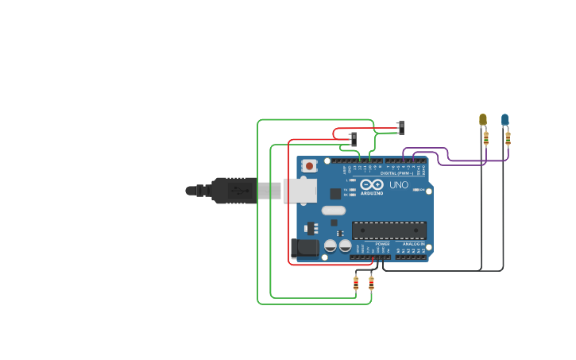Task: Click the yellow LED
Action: (x=482, y=119)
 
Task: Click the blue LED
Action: (x=504, y=119)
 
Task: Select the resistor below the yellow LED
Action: (x=485, y=138)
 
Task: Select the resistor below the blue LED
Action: (x=508, y=138)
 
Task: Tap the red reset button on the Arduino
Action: (x=309, y=166)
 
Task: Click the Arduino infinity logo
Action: (x=372, y=184)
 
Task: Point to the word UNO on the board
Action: (x=399, y=185)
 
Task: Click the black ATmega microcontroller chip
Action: (x=389, y=230)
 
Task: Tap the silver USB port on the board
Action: (x=300, y=191)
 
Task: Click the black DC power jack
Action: (x=304, y=249)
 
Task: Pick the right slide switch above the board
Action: (x=401, y=127)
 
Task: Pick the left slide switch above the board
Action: (x=354, y=138)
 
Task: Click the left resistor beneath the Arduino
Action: (x=356, y=282)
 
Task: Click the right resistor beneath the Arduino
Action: (x=371, y=282)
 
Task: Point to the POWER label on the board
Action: (x=371, y=244)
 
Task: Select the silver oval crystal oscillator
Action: (x=334, y=211)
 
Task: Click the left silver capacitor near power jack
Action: (x=331, y=247)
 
